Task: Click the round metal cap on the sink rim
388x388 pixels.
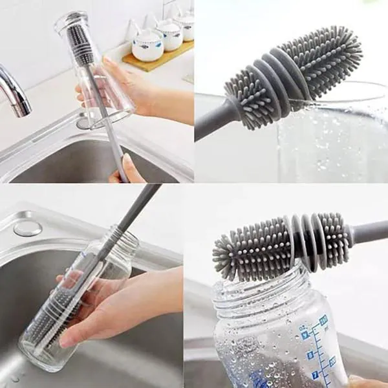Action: [28, 228]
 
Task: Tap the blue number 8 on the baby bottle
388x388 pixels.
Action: [310, 355]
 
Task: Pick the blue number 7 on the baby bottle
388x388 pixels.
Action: [316, 374]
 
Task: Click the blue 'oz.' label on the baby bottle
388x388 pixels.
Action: [323, 319]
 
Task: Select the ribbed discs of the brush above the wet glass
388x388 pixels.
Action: [259, 91]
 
